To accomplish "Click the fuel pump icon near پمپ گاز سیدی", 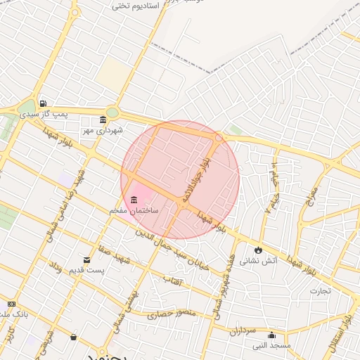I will point(44,103).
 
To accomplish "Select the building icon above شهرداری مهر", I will point(103,119).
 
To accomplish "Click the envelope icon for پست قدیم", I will point(86,259).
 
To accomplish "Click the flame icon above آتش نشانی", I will point(259,249).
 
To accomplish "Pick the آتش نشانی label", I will point(259,260).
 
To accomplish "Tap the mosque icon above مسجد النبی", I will point(271,334).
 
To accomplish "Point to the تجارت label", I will point(321,290).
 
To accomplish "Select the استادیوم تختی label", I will point(136,6).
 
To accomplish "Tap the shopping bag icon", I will point(73,336).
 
